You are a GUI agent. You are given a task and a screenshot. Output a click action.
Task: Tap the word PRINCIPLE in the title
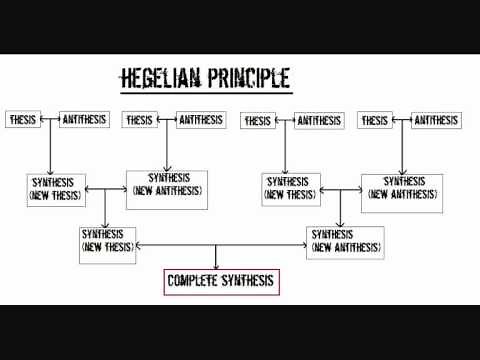pyautogui.click(x=248, y=77)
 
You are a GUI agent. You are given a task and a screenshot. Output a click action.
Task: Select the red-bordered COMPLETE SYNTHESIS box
pyautogui.click(x=221, y=282)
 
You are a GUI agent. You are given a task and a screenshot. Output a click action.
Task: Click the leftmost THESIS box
pyautogui.click(x=23, y=120)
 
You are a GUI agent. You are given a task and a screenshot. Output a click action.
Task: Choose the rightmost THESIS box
pyautogui.click(x=376, y=120)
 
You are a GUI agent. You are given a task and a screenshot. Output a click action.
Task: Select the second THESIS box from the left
pyautogui.click(x=140, y=120)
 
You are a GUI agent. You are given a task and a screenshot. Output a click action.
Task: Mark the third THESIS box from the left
pyautogui.click(x=259, y=121)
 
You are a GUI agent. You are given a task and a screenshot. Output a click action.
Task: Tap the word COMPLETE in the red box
pyautogui.click(x=194, y=282)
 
